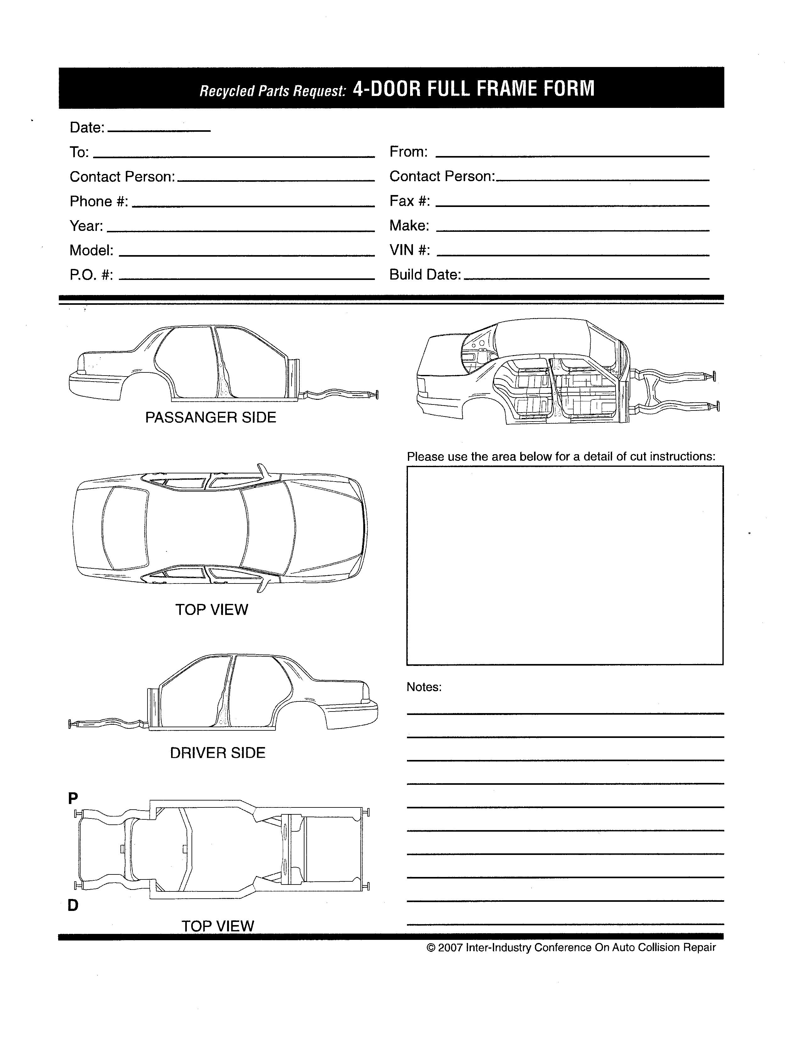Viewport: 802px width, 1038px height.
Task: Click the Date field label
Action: coord(87,127)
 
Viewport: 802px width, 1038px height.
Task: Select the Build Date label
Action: coord(425,275)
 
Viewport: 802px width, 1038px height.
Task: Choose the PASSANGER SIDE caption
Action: coord(210,417)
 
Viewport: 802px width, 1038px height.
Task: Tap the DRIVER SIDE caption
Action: coord(218,753)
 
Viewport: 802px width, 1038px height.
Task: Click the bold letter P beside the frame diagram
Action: coord(73,798)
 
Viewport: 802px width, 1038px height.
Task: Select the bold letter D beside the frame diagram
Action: coord(73,905)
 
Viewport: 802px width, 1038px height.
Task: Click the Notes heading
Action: coord(424,687)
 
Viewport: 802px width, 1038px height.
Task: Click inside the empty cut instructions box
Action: coord(565,566)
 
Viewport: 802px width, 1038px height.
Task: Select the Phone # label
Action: coord(99,202)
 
